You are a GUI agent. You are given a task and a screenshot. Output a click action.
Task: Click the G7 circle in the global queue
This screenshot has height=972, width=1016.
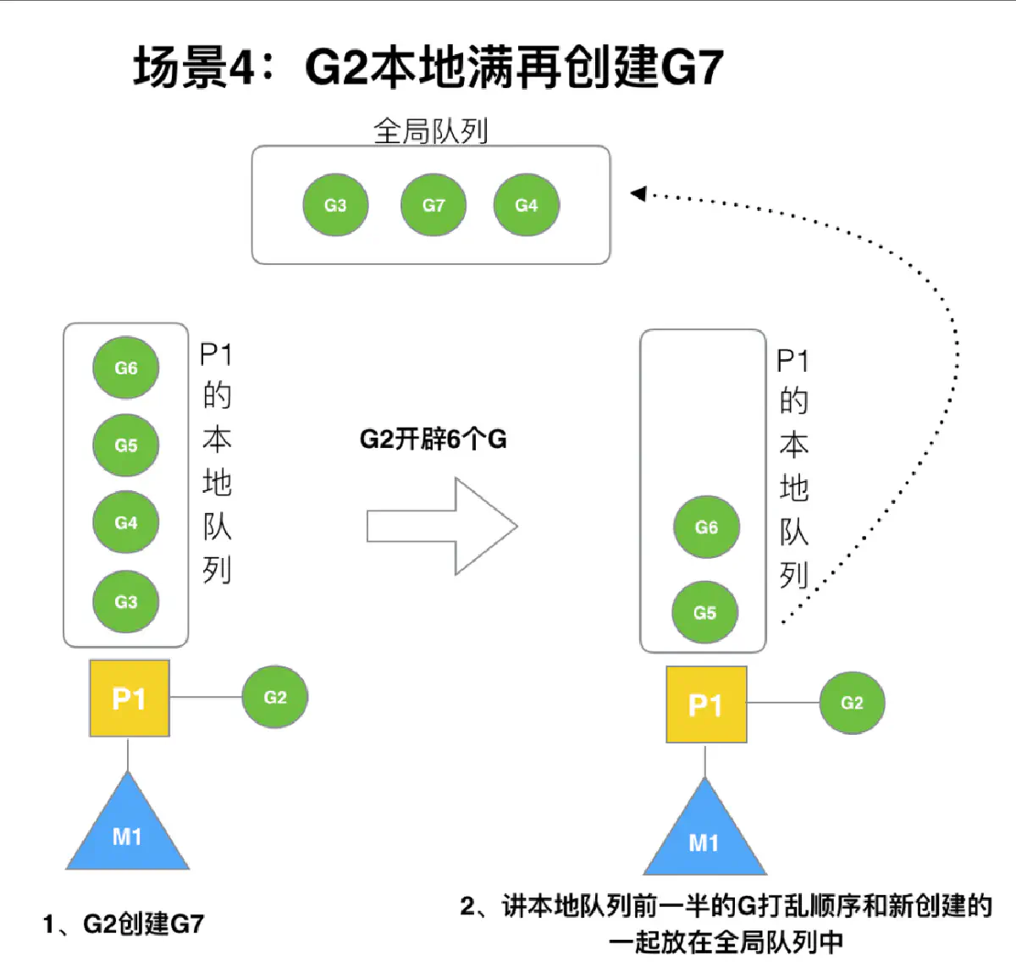(433, 205)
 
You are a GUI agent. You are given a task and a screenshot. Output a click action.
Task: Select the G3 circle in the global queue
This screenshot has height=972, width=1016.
(335, 205)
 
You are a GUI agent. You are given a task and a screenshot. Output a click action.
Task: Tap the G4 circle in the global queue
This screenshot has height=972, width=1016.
(526, 205)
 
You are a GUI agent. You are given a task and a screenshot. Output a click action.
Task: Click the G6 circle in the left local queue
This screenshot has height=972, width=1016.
(125, 368)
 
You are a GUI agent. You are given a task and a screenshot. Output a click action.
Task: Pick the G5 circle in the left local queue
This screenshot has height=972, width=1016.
(125, 445)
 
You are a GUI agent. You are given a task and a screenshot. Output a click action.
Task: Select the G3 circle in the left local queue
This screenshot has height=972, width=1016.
(125, 602)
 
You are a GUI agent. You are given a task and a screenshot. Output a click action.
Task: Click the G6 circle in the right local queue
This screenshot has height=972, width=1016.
(706, 527)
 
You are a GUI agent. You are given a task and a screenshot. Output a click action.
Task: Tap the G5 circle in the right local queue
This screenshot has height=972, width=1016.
(704, 613)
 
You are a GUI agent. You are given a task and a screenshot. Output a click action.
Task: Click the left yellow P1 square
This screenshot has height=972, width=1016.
(130, 699)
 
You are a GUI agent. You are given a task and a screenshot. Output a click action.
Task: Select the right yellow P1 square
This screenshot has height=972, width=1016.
(706, 704)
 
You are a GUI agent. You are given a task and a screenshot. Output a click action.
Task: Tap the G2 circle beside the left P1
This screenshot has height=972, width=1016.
(275, 698)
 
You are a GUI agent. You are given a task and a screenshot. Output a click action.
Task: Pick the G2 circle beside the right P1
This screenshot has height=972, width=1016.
(852, 703)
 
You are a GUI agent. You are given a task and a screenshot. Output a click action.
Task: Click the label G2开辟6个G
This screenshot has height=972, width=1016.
(433, 439)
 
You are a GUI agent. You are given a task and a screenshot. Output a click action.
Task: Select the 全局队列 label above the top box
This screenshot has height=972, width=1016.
(430, 130)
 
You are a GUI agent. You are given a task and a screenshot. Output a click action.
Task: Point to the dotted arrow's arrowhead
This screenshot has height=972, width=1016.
(638, 194)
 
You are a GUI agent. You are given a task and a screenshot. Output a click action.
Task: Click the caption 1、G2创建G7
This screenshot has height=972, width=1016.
(124, 924)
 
